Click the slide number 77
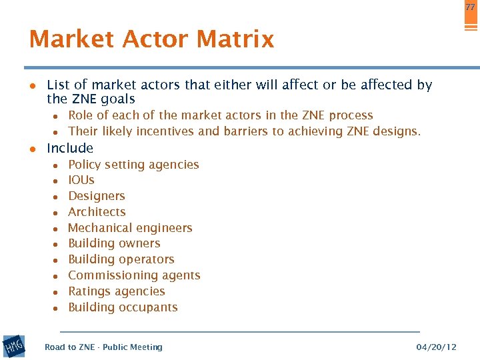[470, 7]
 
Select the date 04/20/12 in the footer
[436, 347]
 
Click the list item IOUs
[81, 180]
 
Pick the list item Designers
[97, 196]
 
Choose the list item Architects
[97, 212]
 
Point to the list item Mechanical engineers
[130, 228]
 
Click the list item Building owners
[114, 243]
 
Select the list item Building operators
[121, 259]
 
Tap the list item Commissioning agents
[134, 275]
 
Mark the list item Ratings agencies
[117, 291]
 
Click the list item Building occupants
[123, 307]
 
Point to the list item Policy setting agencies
[133, 165]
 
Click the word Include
[70, 148]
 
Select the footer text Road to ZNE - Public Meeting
[103, 347]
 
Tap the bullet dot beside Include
[31, 149]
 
